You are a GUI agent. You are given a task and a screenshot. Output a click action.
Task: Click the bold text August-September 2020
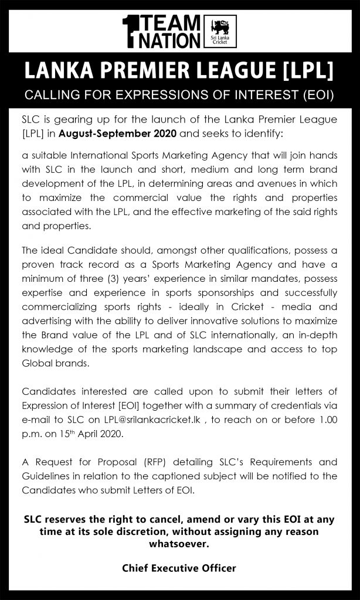pyautogui.click(x=109, y=134)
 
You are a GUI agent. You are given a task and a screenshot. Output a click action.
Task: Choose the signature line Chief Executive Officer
pyautogui.click(x=179, y=568)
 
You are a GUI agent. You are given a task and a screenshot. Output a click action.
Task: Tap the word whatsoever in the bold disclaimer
pyautogui.click(x=179, y=544)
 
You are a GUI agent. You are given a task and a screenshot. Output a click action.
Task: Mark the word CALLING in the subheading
pyautogui.click(x=45, y=95)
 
